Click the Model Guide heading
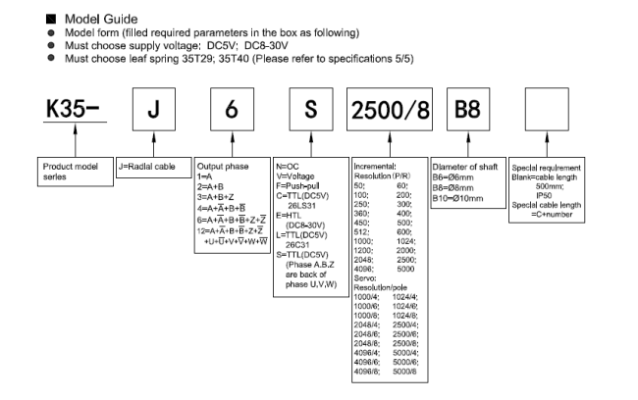coord(101,19)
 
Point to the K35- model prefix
coord(73,109)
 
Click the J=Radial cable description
coord(147,167)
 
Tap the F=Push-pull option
coord(297,185)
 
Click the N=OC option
coord(288,167)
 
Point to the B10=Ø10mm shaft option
coord(457,199)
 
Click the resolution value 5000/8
coord(404,372)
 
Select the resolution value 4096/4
coord(367,353)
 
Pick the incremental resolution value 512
coord(361,232)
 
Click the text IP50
coord(544,195)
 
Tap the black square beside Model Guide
coord(51,19)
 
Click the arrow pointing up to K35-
coord(76,140)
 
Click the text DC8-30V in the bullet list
coord(266,45)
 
